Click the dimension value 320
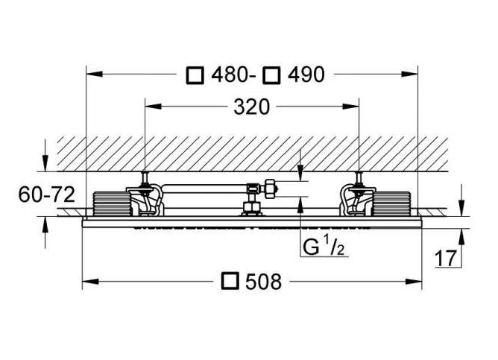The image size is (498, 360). [251, 107]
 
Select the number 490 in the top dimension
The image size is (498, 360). [306, 75]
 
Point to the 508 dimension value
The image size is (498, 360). [264, 282]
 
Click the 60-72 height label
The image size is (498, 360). [47, 195]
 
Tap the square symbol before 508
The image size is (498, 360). [230, 281]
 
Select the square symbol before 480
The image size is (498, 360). [195, 75]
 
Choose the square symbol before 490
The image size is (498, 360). [272, 75]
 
